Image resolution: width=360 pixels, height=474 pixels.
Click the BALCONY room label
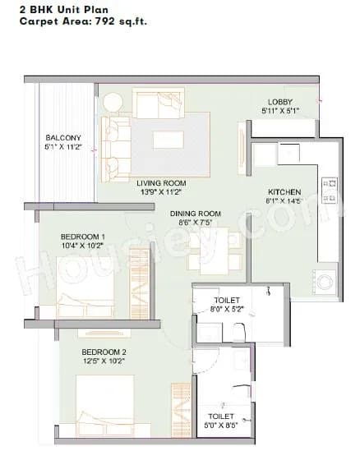(x=63, y=137)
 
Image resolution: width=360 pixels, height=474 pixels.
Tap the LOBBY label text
(x=280, y=101)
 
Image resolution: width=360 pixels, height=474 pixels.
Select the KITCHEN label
(x=283, y=191)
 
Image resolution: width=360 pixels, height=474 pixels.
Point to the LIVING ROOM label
(x=161, y=182)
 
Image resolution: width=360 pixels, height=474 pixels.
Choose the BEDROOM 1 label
(x=83, y=237)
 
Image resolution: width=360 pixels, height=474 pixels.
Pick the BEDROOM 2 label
(x=104, y=352)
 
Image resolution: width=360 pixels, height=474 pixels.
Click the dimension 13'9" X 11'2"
(x=161, y=191)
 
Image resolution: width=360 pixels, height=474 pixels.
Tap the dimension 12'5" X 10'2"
(x=104, y=361)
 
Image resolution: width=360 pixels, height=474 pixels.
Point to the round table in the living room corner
(x=113, y=103)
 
